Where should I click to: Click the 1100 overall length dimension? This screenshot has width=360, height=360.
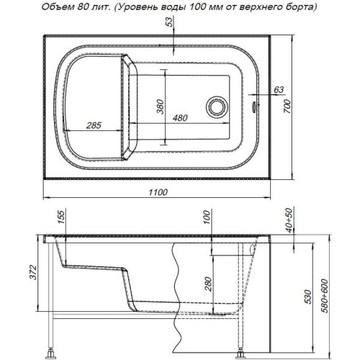(x=158, y=192)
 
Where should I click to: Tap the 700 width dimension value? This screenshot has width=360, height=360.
(x=287, y=107)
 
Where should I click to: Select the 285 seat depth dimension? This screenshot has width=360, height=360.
(x=94, y=125)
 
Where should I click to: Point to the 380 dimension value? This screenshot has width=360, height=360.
(x=160, y=107)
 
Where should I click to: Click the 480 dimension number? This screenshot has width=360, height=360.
(x=180, y=118)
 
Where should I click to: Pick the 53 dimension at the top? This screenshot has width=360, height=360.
(x=169, y=22)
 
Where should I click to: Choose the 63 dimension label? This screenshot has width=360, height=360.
(x=279, y=90)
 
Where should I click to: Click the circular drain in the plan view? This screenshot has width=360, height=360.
(x=217, y=107)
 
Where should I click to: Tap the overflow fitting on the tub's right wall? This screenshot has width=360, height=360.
(x=253, y=107)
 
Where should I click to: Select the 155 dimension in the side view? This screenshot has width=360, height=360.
(x=61, y=217)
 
